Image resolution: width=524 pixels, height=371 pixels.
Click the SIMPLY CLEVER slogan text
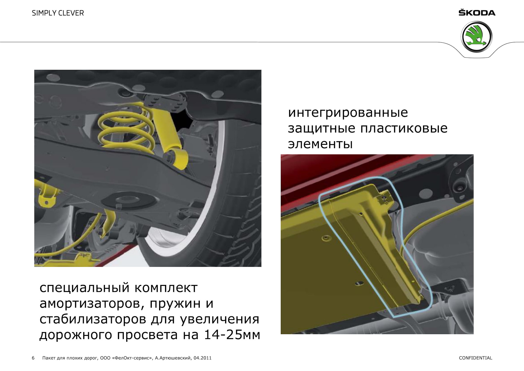(58, 13)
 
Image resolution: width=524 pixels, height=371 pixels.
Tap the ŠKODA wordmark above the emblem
(477, 13)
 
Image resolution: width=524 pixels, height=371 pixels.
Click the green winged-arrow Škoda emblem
(477, 37)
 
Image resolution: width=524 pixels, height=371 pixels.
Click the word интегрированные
(348, 113)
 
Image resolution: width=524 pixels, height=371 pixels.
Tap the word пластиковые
(404, 128)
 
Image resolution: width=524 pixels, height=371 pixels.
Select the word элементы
(320, 144)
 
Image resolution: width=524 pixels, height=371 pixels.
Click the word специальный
(84, 288)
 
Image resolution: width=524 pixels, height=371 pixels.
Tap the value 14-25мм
(232, 335)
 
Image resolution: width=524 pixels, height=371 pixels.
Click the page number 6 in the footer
(33, 358)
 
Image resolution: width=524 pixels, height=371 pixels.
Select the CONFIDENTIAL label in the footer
(475, 358)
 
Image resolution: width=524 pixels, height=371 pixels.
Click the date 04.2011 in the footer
(203, 358)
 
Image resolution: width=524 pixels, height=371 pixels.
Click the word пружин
(175, 304)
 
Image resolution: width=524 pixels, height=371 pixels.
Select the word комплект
(166, 288)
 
